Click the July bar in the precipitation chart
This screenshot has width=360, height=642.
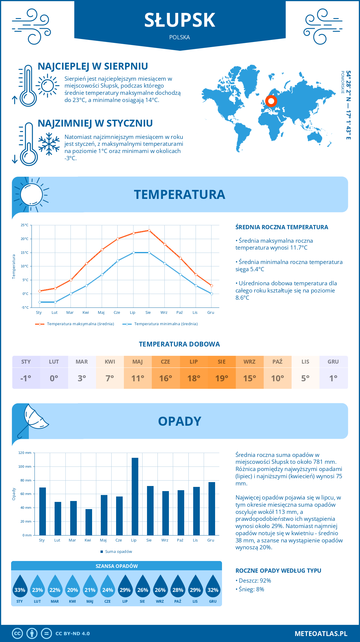pyautogui.click(x=135, y=496)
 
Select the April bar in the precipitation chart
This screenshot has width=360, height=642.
pyautogui.click(x=89, y=522)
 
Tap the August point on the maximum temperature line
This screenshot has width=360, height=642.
pyautogui.click(x=149, y=230)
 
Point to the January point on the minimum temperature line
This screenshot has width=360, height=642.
pyautogui.click(x=40, y=302)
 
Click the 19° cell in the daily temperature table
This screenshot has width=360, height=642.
pyautogui.click(x=222, y=378)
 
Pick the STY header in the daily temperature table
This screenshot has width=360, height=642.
pyautogui.click(x=26, y=362)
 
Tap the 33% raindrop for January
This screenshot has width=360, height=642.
pyautogui.click(x=20, y=586)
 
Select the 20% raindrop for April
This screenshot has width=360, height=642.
pyautogui.click(x=73, y=586)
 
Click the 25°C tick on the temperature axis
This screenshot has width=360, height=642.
pyautogui.click(x=25, y=225)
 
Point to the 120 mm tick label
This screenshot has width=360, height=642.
pyautogui.click(x=25, y=453)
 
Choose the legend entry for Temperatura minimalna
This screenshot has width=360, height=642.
pyautogui.click(x=160, y=324)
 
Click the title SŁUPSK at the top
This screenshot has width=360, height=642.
pyautogui.click(x=180, y=20)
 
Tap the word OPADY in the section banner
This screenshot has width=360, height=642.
pyautogui.click(x=180, y=421)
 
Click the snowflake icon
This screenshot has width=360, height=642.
pyautogui.click(x=49, y=144)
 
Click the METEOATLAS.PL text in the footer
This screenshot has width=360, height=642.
pyautogui.click(x=321, y=634)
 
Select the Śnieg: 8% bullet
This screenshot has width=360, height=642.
pyautogui.click(x=250, y=589)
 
